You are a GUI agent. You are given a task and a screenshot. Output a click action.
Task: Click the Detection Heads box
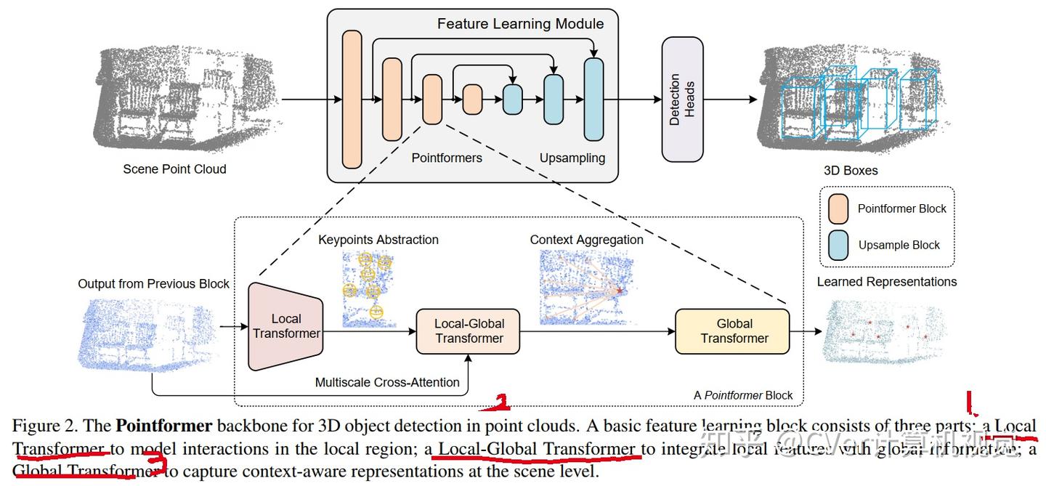click(x=682, y=99)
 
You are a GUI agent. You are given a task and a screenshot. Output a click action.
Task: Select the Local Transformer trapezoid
click(x=285, y=326)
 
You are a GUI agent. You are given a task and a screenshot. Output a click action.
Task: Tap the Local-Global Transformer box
click(x=469, y=331)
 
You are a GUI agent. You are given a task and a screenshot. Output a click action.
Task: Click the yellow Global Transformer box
click(x=732, y=331)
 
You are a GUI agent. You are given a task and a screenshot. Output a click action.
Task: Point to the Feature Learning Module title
click(x=520, y=23)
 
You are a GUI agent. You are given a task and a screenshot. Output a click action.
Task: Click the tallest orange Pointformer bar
click(x=352, y=99)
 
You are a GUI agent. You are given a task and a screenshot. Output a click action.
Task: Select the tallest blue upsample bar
click(x=593, y=99)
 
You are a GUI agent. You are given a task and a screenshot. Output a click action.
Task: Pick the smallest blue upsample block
click(x=513, y=99)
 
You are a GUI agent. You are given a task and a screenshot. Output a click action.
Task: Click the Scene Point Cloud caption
click(x=174, y=169)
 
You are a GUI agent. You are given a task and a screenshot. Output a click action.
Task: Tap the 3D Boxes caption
click(x=851, y=171)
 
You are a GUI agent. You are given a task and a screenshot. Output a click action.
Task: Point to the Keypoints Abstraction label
click(x=378, y=240)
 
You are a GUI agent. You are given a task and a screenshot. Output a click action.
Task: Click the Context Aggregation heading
click(x=586, y=240)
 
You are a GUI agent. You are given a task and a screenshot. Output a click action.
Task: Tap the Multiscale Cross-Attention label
click(x=387, y=382)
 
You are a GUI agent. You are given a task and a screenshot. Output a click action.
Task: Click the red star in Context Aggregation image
click(x=620, y=290)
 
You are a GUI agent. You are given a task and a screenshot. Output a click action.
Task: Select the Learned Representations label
click(x=887, y=282)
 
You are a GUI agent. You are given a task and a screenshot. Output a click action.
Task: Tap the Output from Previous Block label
click(x=153, y=284)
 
